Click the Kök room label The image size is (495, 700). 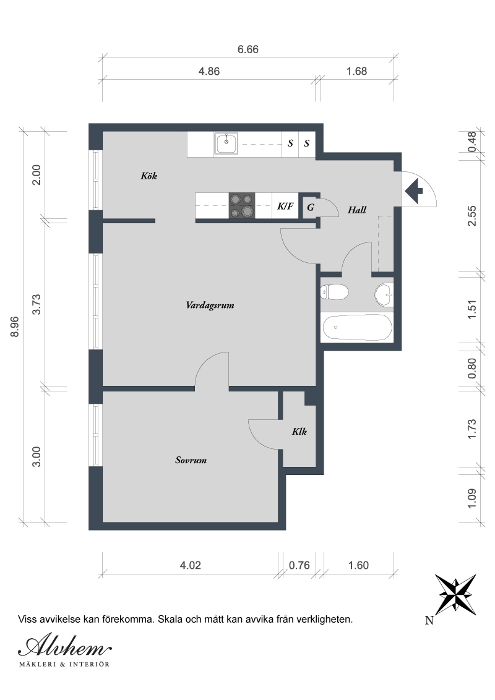tap(148, 176)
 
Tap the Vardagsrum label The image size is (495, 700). tap(210, 305)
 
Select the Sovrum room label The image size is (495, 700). tap(191, 460)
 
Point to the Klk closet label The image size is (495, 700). tap(299, 431)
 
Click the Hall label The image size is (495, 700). tap(357, 210)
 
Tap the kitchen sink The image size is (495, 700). tap(226, 143)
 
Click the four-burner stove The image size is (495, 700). tap(242, 205)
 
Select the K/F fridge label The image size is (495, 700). tap(285, 206)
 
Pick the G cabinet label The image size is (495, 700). tap(311, 207)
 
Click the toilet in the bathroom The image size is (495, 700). tap(335, 292)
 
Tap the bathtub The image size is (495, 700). tap(357, 328)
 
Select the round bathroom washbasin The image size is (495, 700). tap(384, 294)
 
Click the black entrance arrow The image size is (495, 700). tap(414, 190)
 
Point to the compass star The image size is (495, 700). tap(455, 595)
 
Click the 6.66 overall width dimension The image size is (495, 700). tap(248, 49)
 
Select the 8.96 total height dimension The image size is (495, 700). tap(15, 327)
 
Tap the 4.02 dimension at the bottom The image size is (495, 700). tap(191, 565)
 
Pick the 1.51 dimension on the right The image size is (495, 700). tap(471, 309)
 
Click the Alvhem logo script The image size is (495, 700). tap(65, 646)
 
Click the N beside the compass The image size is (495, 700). tap(429, 620)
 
